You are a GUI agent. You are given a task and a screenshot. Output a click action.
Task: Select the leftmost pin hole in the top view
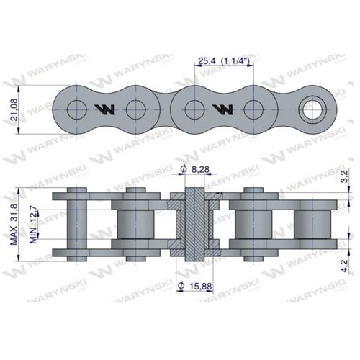[x=75, y=110]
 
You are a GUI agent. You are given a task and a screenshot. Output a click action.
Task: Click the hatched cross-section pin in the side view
[x=194, y=225]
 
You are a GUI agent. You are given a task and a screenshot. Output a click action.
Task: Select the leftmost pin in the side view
[x=74, y=225]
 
